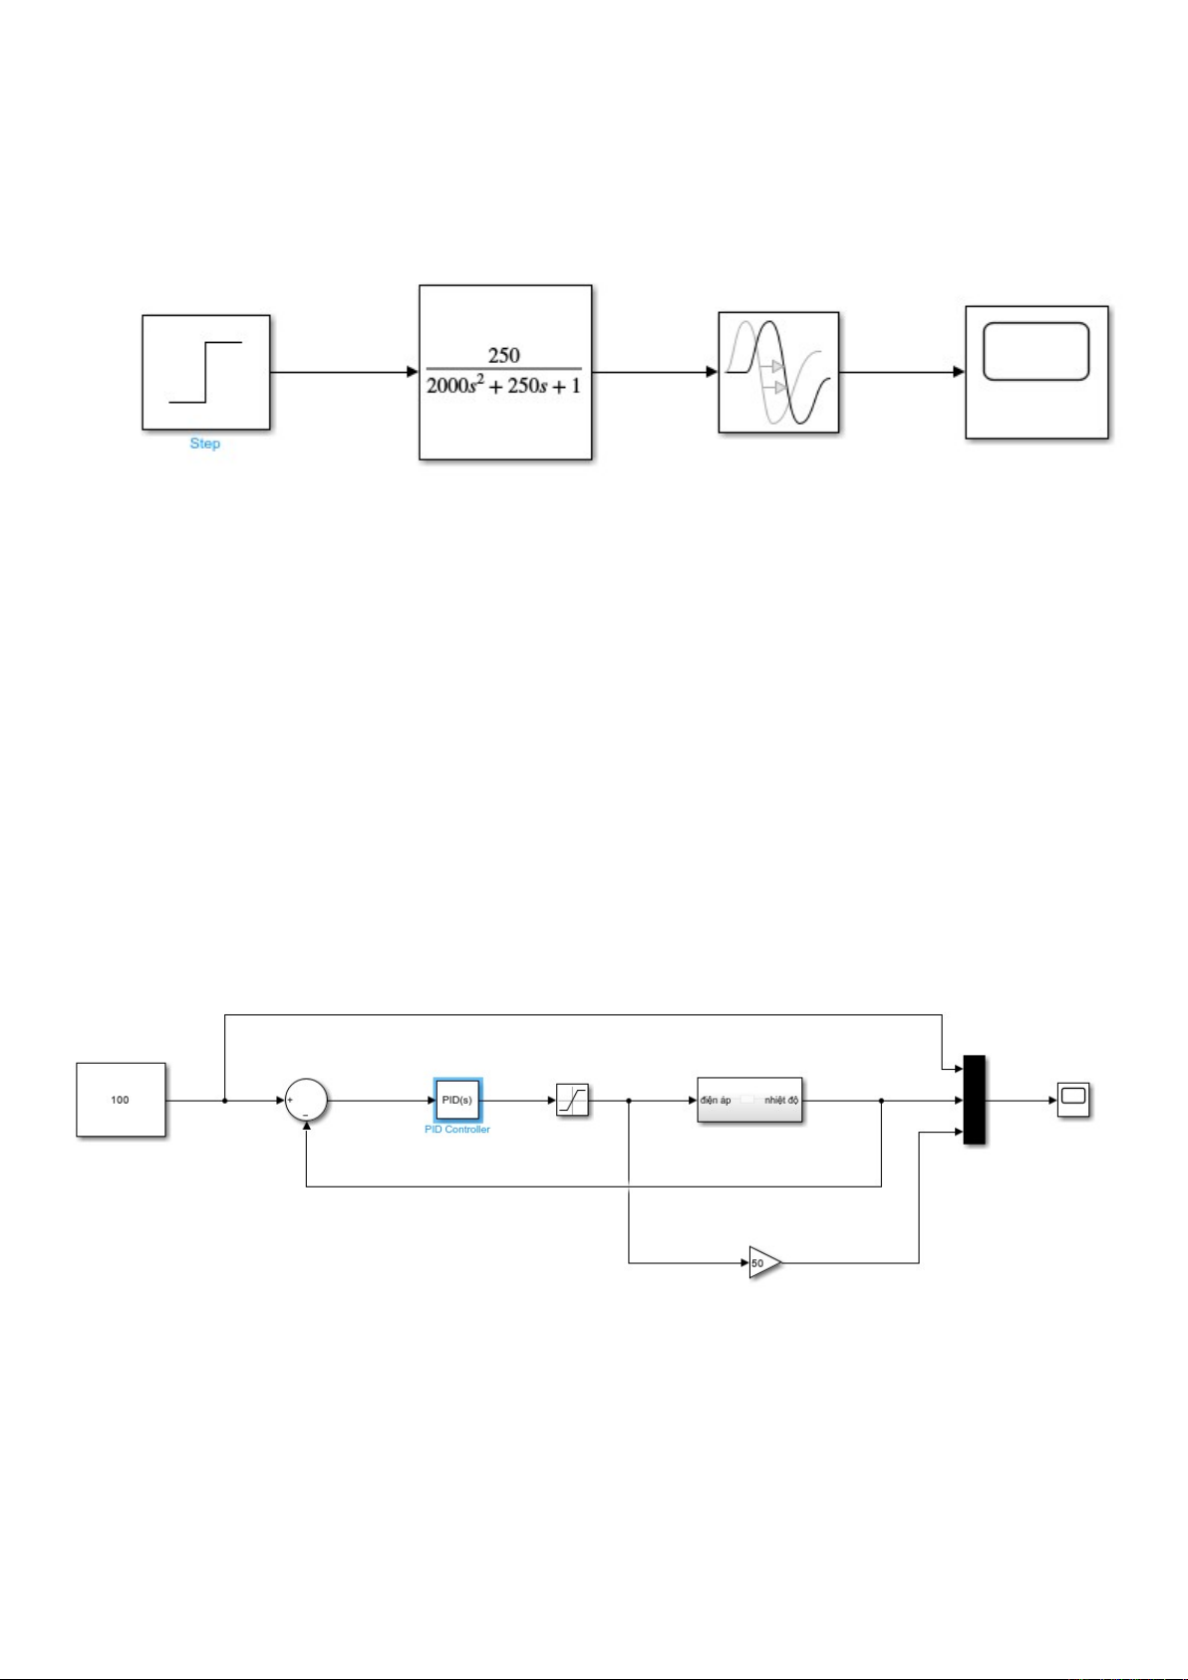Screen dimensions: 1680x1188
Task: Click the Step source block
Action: coord(205,372)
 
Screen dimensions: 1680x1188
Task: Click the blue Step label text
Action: coord(204,444)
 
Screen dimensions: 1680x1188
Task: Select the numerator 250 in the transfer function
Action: coord(503,355)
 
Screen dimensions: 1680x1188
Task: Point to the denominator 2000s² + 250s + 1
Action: coord(503,386)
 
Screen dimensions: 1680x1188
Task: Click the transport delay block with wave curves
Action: coord(778,372)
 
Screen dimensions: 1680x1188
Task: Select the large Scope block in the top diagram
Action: coord(1037,372)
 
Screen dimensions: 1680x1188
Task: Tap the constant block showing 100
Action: coord(121,1100)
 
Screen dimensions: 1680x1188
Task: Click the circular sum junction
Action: coord(306,1101)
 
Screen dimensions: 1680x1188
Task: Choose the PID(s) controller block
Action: coord(457,1101)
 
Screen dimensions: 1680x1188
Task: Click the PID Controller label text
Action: coord(457,1130)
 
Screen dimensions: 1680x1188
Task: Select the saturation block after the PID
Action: coord(572,1101)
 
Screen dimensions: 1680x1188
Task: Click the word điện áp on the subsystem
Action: coord(716,1101)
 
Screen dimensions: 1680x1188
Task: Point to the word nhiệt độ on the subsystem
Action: coord(781,1101)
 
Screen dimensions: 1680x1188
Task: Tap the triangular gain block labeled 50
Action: coord(763,1262)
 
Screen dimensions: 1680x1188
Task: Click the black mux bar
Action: coord(974,1101)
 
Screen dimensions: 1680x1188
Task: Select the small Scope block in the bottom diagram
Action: coord(1073,1101)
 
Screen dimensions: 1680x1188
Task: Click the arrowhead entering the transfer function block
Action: coord(412,373)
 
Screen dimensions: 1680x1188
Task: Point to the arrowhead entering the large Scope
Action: coord(959,373)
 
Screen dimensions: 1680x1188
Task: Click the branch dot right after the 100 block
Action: coord(225,1101)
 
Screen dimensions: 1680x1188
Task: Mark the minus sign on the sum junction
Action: coord(305,1114)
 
